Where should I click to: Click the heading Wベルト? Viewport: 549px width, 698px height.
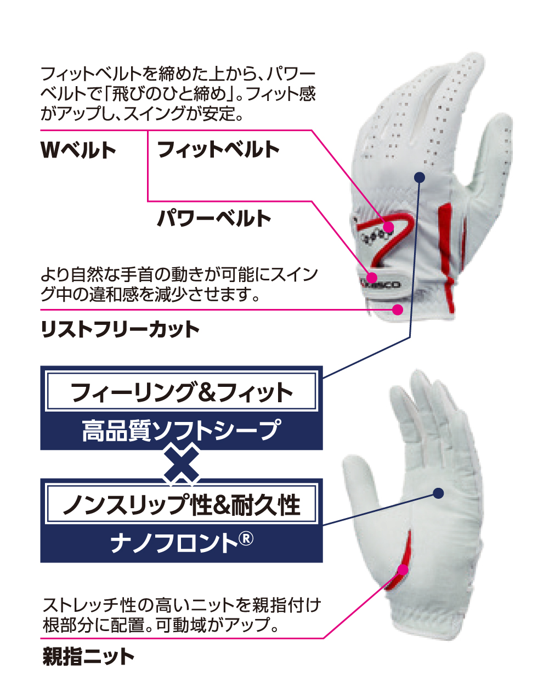(78, 150)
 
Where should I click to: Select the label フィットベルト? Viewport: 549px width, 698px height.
(218, 149)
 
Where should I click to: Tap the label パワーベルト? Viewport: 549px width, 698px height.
(214, 218)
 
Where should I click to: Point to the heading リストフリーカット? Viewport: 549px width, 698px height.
(120, 329)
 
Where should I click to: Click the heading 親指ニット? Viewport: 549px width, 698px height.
(88, 656)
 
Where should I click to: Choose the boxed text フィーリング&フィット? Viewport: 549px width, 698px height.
(182, 392)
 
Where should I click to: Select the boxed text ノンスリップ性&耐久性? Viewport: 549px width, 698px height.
(182, 504)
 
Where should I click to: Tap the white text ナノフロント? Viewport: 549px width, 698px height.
(173, 543)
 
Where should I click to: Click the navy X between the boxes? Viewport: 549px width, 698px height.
(182, 464)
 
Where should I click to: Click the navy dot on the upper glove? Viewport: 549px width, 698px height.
(420, 177)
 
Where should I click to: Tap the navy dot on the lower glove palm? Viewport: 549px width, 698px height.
(438, 493)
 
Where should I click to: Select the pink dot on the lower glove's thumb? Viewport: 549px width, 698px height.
(403, 569)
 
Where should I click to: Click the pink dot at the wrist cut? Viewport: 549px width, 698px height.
(398, 310)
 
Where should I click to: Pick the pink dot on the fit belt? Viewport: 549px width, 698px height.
(388, 226)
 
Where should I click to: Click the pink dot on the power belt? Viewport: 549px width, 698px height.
(372, 277)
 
